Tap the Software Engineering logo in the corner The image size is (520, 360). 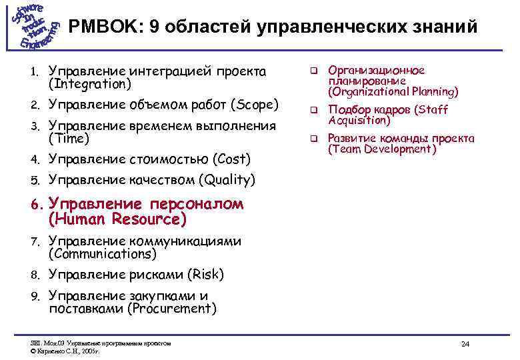(33, 26)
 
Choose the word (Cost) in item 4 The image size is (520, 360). (231, 159)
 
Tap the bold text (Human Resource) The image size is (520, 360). (117, 219)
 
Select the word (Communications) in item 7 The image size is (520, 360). (102, 254)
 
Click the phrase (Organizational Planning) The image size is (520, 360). (393, 92)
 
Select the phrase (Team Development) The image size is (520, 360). (382, 149)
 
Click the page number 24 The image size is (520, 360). (465, 344)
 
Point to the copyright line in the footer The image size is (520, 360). (65, 349)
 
